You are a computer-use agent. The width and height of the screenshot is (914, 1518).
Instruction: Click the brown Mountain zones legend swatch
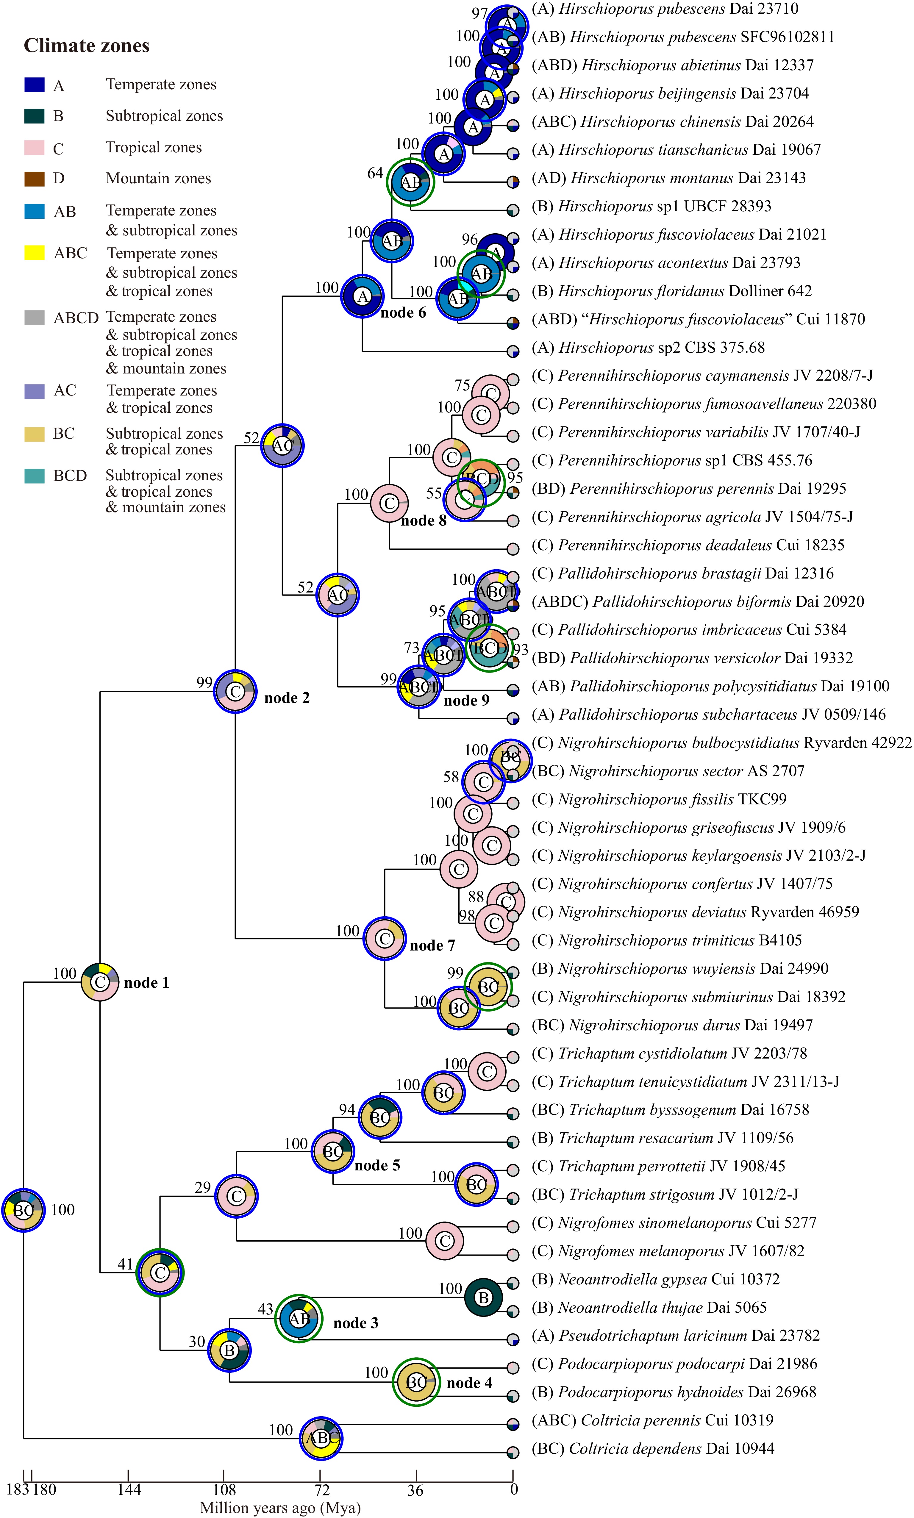coord(35,179)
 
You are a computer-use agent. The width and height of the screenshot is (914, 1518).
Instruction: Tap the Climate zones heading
coord(86,46)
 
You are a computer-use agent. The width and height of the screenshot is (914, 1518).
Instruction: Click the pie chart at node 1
coord(100,982)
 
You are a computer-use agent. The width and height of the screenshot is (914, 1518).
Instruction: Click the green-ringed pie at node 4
coord(416,1382)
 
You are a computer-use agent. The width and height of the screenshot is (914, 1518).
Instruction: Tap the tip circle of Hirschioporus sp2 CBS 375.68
coord(513,352)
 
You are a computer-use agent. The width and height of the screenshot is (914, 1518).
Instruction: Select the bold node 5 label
coord(377,1165)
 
